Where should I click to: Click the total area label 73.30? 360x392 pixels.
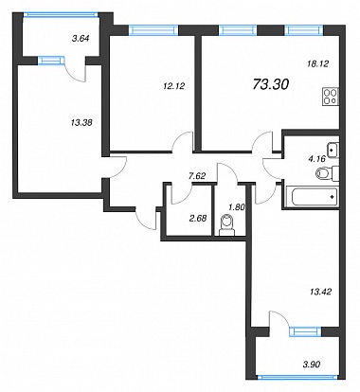[271, 84]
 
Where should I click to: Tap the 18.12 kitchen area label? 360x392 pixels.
[318, 63]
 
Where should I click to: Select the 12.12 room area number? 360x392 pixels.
[174, 85]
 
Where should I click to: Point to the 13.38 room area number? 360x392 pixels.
[81, 122]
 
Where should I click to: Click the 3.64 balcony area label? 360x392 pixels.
[81, 39]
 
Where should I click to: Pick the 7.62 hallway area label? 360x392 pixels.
[196, 176]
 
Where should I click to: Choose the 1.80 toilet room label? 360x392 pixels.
[237, 207]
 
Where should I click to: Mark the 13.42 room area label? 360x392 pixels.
[320, 292]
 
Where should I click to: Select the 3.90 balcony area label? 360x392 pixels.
[312, 365]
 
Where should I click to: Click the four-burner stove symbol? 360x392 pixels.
[331, 97]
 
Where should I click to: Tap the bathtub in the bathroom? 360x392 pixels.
[313, 196]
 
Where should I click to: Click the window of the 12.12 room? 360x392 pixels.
[153, 30]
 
